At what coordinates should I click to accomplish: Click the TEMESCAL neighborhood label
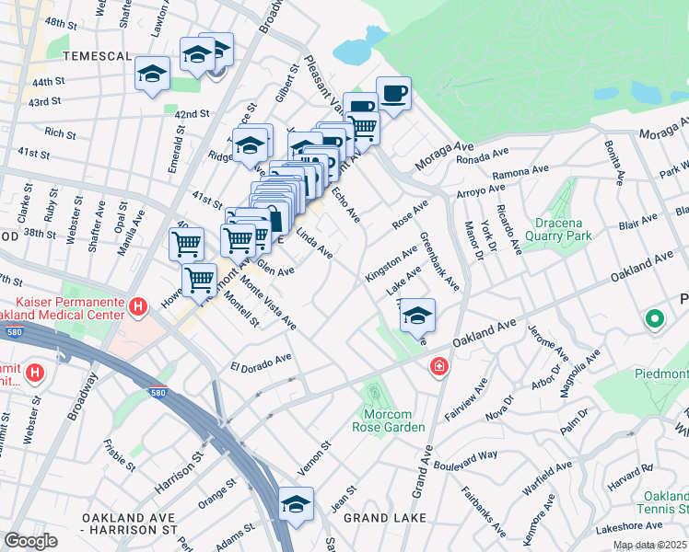pyautogui.click(x=96, y=56)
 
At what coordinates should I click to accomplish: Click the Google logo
pyautogui.click(x=30, y=541)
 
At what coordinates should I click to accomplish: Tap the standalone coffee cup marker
pyautogui.click(x=393, y=94)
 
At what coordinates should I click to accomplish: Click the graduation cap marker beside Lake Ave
pyautogui.click(x=417, y=316)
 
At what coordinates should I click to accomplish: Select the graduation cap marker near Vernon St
pyautogui.click(x=297, y=504)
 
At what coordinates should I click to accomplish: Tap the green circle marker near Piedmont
pyautogui.click(x=655, y=320)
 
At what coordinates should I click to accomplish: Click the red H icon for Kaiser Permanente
pyautogui.click(x=137, y=306)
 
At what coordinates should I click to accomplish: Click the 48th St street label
pyautogui.click(x=61, y=21)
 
